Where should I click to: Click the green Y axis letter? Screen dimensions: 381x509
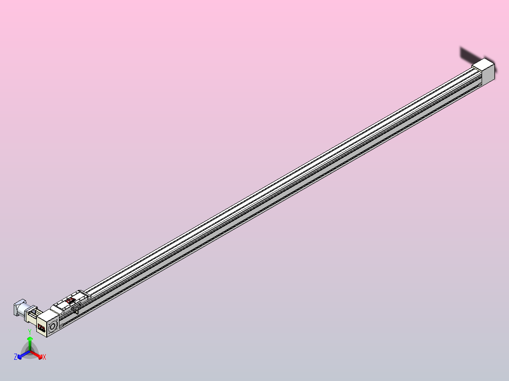click(x=30, y=332)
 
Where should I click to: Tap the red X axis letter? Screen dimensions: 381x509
click(x=44, y=357)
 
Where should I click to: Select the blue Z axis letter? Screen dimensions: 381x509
click(x=16, y=357)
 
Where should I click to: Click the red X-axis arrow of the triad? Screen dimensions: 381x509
click(x=39, y=355)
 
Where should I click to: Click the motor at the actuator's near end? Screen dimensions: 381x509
click(x=19, y=307)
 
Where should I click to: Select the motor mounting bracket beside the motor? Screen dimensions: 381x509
click(x=33, y=313)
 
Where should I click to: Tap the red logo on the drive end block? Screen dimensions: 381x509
click(x=41, y=328)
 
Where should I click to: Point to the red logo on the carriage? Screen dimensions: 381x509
click(x=70, y=299)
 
